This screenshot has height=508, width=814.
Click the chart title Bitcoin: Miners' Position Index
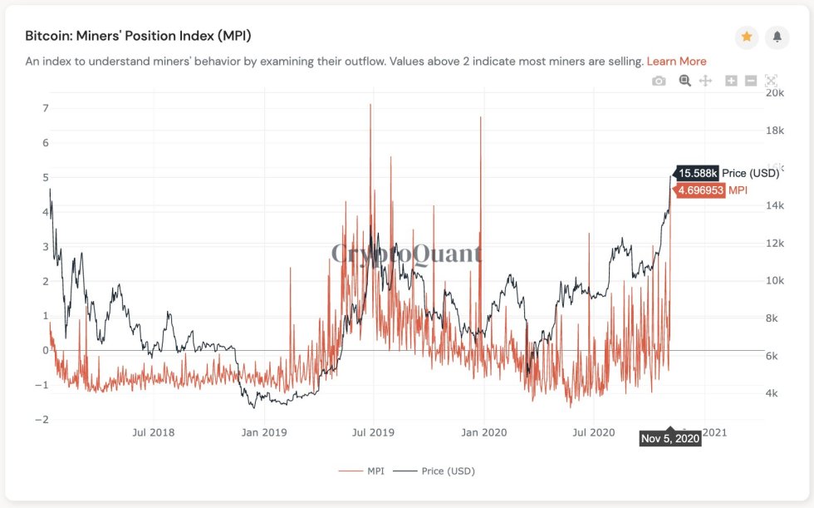(x=138, y=36)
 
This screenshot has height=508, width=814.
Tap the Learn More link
(x=676, y=61)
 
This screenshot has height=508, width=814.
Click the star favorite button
(x=746, y=37)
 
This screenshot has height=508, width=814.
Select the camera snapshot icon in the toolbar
(x=659, y=81)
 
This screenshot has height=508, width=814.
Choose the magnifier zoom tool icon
(x=685, y=81)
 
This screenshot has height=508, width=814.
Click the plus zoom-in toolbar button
(x=731, y=81)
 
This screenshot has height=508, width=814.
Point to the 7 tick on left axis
(x=46, y=108)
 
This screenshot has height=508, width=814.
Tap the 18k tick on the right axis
(x=774, y=131)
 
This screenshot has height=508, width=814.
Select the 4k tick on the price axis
(x=771, y=393)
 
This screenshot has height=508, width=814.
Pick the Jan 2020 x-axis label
(x=483, y=432)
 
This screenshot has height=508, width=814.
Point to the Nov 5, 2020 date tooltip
(x=669, y=438)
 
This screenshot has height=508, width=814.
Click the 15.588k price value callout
(x=697, y=173)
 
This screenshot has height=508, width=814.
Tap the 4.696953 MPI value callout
(x=700, y=190)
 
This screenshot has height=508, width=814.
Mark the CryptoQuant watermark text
(x=406, y=253)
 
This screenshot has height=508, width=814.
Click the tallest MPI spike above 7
(x=370, y=106)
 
